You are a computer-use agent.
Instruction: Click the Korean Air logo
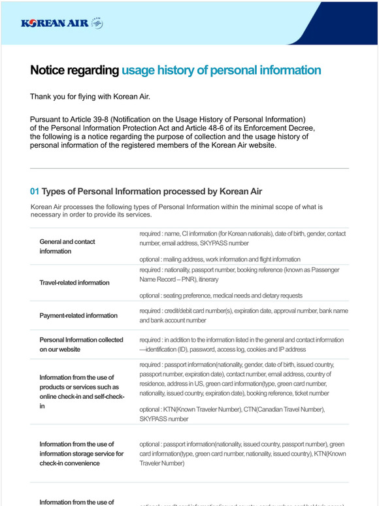pos(62,24)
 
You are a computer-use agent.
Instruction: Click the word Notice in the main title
pos(52,71)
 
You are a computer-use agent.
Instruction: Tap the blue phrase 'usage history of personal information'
pos(221,71)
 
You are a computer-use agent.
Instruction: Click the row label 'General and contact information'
pos(67,246)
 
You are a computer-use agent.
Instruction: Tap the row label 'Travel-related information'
pos(74,283)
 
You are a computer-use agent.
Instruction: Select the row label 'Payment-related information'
pos(78,316)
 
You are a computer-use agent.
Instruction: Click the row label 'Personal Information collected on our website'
pos(81,345)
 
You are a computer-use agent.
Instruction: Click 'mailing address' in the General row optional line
pos(182,260)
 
